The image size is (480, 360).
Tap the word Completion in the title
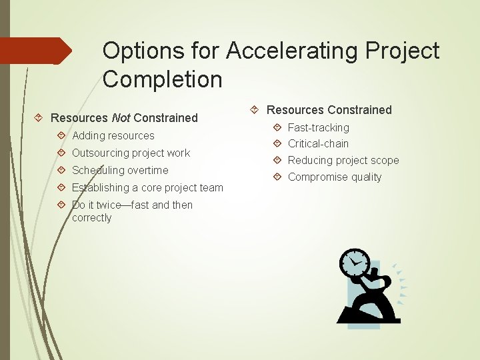tap(162, 79)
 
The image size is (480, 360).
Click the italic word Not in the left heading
tap(121, 118)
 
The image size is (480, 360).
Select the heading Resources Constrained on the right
tap(329, 110)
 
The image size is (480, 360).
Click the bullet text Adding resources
tap(113, 135)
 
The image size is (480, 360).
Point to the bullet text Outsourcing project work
tap(131, 153)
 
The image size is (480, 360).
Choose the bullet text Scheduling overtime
tap(120, 170)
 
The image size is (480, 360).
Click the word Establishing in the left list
tap(101, 187)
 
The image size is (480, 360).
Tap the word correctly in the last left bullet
tap(92, 218)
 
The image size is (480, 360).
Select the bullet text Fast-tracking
tap(318, 127)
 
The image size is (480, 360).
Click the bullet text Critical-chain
tap(318, 143)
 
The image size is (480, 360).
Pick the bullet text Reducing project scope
tap(343, 160)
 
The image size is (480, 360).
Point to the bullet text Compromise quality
tap(335, 177)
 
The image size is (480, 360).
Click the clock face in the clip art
tap(354, 264)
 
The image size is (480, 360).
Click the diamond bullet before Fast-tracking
tap(277, 127)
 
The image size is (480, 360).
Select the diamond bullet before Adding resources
tap(61, 135)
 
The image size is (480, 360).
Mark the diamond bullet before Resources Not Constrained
tap(39, 118)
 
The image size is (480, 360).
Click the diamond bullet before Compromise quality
tap(277, 177)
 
